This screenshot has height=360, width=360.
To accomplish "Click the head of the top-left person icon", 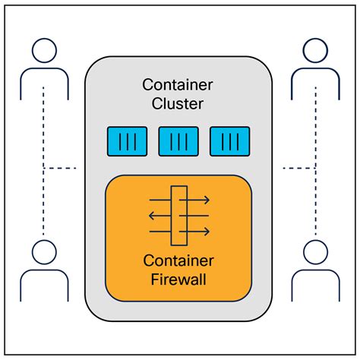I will click(x=44, y=50).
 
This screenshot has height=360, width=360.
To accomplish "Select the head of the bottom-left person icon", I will click(x=44, y=251).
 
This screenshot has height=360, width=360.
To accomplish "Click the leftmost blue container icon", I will click(x=127, y=140).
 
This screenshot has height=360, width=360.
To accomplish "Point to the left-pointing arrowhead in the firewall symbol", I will click(x=151, y=216).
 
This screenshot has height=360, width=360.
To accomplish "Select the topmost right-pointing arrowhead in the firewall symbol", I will click(x=207, y=201).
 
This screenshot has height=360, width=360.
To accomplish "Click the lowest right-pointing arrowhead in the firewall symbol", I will click(x=207, y=231).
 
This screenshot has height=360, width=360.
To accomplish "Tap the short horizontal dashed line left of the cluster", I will click(x=61, y=167).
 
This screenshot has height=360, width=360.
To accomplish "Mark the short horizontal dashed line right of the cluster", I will click(x=298, y=167).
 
